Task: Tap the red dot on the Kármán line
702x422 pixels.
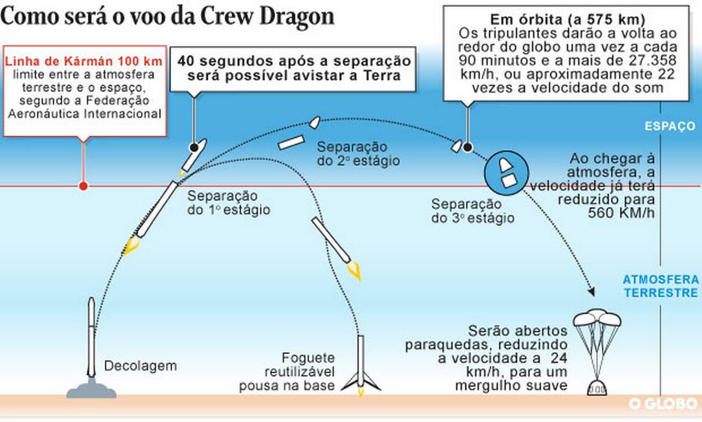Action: (x=83, y=186)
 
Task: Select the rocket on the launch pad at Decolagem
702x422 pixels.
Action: (x=91, y=337)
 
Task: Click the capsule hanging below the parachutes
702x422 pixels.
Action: (x=597, y=388)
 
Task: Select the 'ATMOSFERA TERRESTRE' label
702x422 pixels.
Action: (x=661, y=286)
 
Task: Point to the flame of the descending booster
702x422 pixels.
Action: (x=354, y=272)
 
